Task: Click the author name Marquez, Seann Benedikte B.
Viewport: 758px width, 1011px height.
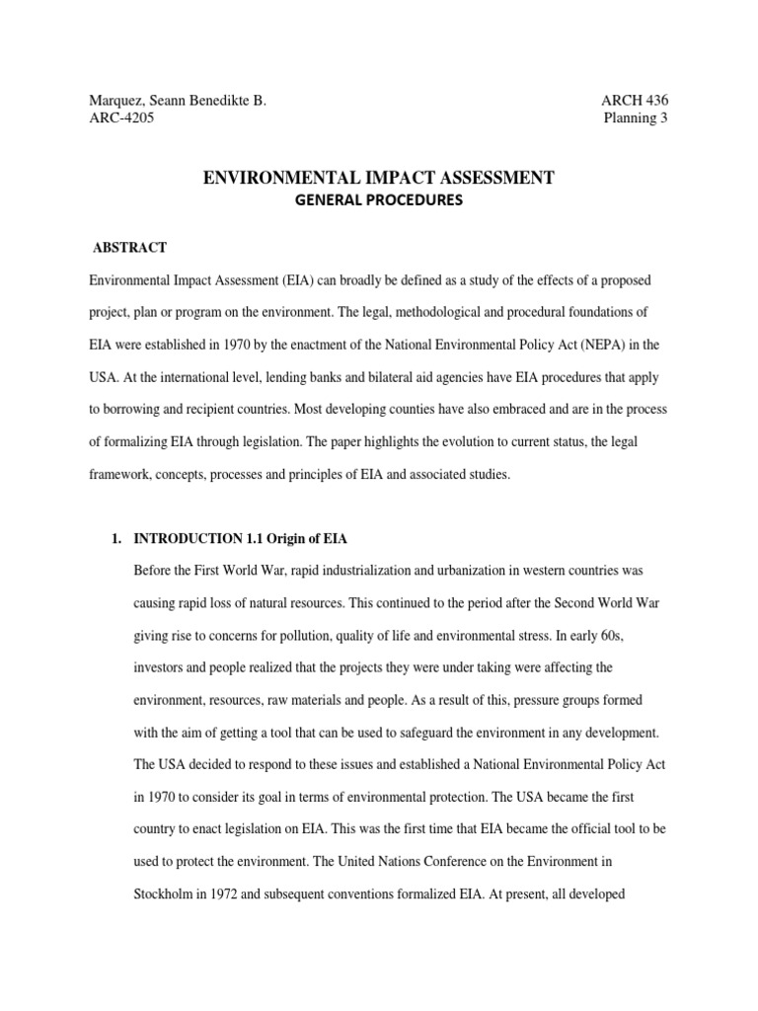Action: pos(178,100)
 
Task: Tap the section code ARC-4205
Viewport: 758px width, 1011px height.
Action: pos(121,118)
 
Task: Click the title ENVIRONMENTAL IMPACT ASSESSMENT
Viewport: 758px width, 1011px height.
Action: pos(378,178)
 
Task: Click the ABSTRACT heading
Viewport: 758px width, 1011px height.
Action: pos(129,247)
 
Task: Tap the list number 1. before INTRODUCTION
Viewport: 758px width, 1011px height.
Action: pos(115,539)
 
